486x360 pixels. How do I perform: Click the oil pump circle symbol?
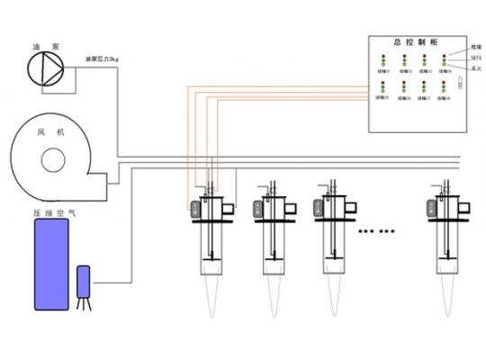42,66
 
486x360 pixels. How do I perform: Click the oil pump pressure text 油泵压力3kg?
102,61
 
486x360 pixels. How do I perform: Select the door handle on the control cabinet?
458,85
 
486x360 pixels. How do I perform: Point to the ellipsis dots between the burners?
376,231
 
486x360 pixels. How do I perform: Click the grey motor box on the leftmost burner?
195,208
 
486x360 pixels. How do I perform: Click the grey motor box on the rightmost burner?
432,208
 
